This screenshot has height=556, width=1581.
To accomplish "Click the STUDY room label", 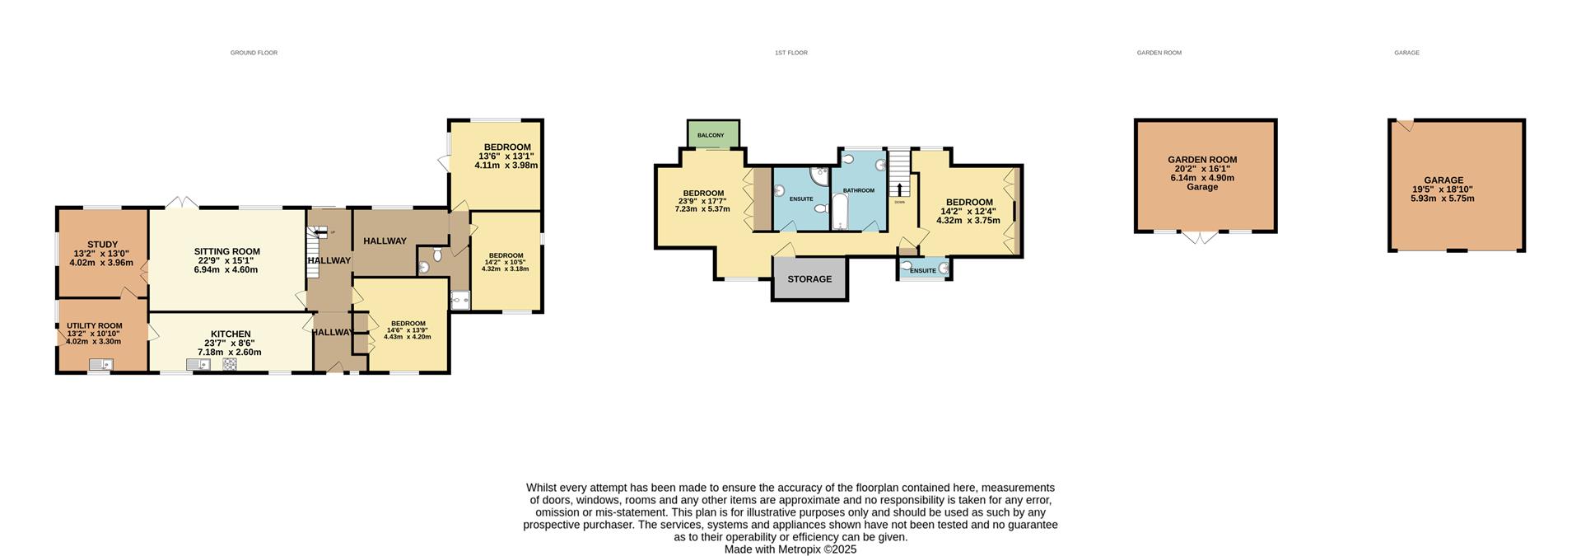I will pos(102,245).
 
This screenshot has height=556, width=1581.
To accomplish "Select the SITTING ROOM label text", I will pos(226,252).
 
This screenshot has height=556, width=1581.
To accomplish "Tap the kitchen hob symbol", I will pos(230,363).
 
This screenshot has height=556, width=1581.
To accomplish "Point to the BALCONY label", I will pos(711,135).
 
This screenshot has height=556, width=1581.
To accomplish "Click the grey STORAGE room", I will pos(809,279).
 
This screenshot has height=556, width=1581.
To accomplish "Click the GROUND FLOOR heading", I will pos(254,53).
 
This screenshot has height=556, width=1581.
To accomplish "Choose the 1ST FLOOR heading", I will pos(790,53).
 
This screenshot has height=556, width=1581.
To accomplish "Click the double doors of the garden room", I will pos(1201,237).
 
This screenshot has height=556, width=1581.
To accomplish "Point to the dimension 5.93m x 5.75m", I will pos(1442,198).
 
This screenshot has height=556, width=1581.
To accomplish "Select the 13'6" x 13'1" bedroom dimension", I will pos(506,157).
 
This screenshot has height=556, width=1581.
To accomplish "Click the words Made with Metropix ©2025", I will pos(790,549).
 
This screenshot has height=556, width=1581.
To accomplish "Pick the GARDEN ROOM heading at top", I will pos(1159,53).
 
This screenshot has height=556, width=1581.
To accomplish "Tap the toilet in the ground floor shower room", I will pos(437,255).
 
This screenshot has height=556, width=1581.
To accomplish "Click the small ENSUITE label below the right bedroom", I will pos(922,271).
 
